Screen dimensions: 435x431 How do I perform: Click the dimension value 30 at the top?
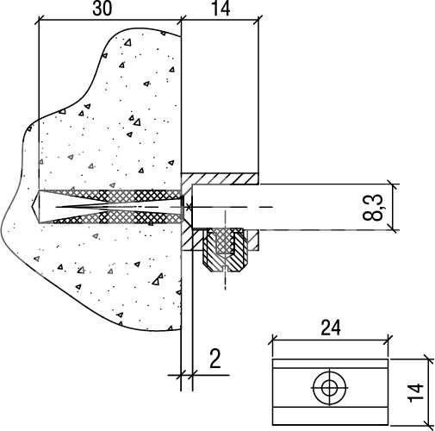tap(103, 9)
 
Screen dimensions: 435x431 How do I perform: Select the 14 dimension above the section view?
tap(221, 9)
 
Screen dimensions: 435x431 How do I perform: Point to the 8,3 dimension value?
tap(373, 207)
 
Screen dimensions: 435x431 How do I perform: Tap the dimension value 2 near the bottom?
tap(215, 359)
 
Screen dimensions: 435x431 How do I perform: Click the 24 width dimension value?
tap(331, 328)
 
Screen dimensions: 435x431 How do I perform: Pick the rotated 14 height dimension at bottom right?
tap(415, 392)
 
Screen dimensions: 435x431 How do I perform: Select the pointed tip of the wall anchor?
tap(33, 207)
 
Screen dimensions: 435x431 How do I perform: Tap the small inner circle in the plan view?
tap(329, 388)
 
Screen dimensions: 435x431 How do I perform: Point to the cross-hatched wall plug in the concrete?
tap(110, 207)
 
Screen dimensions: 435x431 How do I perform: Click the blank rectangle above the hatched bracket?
tap(220, 97)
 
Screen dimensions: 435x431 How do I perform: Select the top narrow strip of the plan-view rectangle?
tap(330, 364)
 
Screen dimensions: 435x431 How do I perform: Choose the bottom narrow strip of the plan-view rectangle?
tap(330, 416)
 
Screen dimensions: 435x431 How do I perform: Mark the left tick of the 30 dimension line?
tap(39, 21)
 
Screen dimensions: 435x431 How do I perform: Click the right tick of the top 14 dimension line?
tap(258, 21)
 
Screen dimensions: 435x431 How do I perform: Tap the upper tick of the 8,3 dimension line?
tap(393, 184)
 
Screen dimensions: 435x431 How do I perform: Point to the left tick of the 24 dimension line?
tap(272, 340)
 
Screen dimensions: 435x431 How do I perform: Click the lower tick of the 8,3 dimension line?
tap(393, 230)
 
